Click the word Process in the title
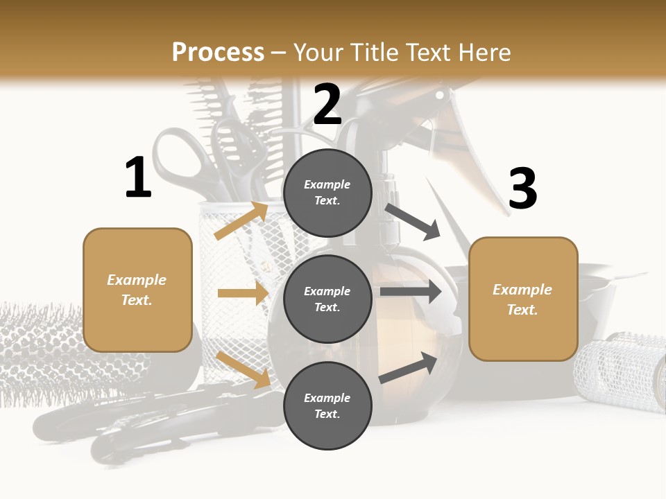click(x=218, y=53)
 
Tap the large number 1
click(x=138, y=178)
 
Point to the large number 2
click(x=327, y=104)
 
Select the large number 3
click(x=522, y=189)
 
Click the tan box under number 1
click(x=137, y=290)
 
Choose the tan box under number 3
click(x=523, y=299)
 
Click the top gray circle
click(x=327, y=193)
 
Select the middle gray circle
click(x=327, y=299)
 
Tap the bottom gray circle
click(x=327, y=405)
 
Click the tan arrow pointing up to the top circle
click(x=241, y=220)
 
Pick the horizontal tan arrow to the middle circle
click(x=243, y=293)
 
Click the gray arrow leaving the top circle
click(x=413, y=221)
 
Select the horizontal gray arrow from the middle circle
click(x=411, y=292)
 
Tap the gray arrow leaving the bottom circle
click(x=409, y=367)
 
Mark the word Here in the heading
click(x=484, y=53)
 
